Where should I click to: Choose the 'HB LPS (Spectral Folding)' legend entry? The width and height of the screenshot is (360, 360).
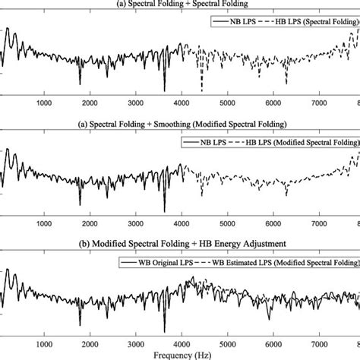click(x=308, y=23)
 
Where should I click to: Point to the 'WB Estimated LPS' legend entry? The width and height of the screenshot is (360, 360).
click(x=281, y=261)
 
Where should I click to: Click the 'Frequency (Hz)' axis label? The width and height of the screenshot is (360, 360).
click(x=181, y=355)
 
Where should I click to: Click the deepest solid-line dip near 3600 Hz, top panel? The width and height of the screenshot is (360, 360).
click(x=163, y=90)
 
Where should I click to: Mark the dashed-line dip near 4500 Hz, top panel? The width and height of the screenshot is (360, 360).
click(x=201, y=90)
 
